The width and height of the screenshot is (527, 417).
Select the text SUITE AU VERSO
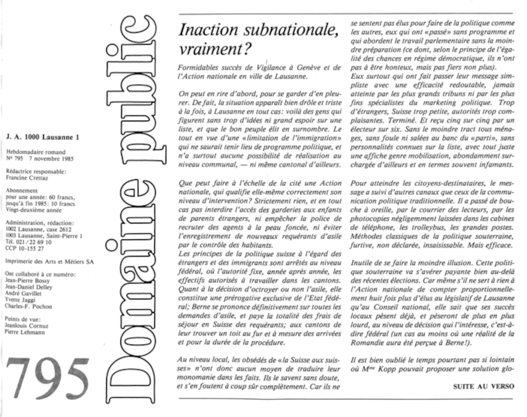pyautogui.click(x=484, y=386)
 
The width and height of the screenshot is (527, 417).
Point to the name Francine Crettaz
pyautogui.click(x=27, y=178)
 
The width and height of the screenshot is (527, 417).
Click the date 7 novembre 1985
pyautogui.click(x=51, y=159)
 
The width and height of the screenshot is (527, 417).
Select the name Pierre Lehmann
pyautogui.click(x=25, y=332)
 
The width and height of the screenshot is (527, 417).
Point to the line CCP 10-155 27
pyautogui.click(x=25, y=248)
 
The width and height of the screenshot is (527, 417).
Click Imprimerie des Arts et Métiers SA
pyautogui.click(x=50, y=261)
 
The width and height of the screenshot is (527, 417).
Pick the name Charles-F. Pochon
pyautogui.click(x=28, y=306)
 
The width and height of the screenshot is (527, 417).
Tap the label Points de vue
pyautogui.click(x=23, y=319)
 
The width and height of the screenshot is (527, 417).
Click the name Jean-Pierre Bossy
pyautogui.click(x=27, y=281)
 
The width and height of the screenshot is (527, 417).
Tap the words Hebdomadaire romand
pyautogui.click(x=36, y=152)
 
